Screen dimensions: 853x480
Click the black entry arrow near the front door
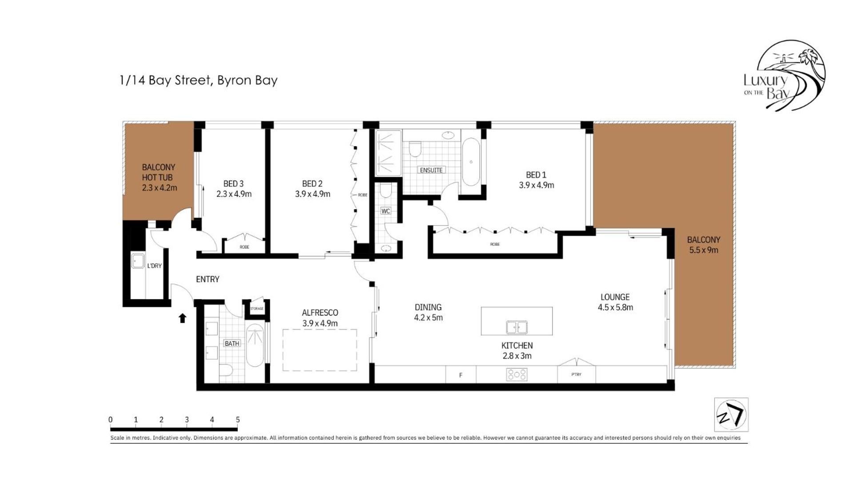point(182,318)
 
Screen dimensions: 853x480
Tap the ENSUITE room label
point(431,170)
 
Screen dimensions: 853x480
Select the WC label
point(385,211)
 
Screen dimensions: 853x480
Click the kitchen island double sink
point(517,327)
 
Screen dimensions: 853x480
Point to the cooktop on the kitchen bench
point(517,375)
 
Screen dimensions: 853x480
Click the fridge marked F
point(461,375)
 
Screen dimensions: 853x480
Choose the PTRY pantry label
point(576,374)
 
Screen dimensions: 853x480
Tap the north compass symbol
point(731,415)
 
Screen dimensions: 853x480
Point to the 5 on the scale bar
point(238,420)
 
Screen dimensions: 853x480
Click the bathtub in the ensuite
point(471,162)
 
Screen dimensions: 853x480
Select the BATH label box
point(232,343)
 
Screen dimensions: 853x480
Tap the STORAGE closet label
point(256,308)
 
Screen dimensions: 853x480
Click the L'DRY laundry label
point(154,266)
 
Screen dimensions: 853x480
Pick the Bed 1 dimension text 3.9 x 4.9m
point(536,185)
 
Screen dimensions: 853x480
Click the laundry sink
point(138,260)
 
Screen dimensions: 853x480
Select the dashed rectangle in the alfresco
point(320,350)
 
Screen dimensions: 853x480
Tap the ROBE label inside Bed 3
point(244,247)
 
